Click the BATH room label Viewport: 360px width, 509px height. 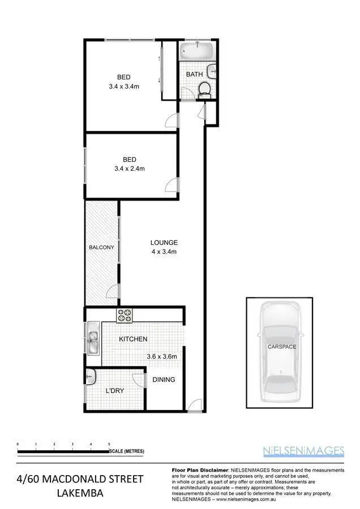194,74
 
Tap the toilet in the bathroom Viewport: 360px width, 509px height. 204,89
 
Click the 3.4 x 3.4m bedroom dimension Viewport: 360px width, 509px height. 124,87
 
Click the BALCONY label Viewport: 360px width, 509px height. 102,247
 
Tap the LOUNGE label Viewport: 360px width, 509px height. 164,243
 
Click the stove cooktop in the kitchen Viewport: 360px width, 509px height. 125,316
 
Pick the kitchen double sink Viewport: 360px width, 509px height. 93,341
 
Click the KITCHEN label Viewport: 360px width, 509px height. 133,339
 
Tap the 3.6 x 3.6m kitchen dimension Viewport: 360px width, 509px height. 162,356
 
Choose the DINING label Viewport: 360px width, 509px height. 164,379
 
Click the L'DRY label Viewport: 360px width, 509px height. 115,391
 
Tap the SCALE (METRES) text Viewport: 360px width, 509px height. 127,451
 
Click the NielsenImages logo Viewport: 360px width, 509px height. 303,451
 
